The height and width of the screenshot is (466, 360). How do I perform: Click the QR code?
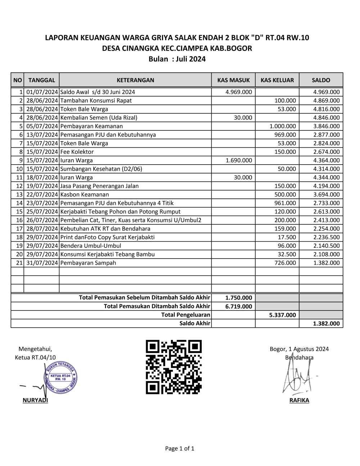tap(174, 367)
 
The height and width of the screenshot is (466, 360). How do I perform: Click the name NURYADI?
tap(35, 400)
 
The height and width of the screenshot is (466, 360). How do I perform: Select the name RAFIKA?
tap(299, 400)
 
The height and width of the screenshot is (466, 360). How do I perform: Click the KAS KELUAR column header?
tap(277, 80)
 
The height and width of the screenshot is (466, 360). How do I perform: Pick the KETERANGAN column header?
tap(135, 80)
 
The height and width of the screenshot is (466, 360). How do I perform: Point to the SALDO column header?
tap(321, 80)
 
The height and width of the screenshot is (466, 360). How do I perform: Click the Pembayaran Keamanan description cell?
tap(91, 126)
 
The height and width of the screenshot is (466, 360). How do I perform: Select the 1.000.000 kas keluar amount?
tap(283, 126)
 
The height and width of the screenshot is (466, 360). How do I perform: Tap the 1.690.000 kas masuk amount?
tap(239, 160)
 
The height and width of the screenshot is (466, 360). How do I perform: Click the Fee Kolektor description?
tap(77, 152)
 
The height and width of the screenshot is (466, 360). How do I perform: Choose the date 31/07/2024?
tap(42, 263)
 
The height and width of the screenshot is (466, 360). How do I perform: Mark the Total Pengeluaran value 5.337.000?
tap(282, 315)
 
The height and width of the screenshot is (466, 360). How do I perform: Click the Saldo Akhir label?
tap(194, 323)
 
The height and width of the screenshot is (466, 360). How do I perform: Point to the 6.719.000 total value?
tap(238, 306)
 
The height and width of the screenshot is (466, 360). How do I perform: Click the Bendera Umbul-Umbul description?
tap(91, 246)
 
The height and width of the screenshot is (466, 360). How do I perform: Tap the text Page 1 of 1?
tap(180, 448)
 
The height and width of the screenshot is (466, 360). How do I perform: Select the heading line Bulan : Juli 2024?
tap(177, 59)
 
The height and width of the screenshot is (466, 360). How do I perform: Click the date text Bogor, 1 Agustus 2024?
tap(299, 349)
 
